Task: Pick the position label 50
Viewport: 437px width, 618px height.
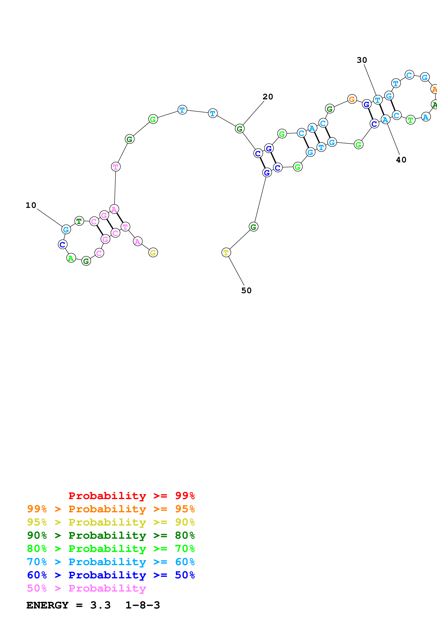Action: tap(246, 291)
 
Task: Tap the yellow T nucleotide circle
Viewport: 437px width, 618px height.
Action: tap(226, 252)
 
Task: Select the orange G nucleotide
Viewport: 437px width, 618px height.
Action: tap(352, 99)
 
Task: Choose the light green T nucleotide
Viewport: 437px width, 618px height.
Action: tap(410, 120)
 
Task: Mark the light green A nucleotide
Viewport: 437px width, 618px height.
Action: tap(71, 258)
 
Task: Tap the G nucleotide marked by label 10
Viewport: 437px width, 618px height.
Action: tap(66, 230)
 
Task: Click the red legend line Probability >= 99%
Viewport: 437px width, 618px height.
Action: tap(131, 496)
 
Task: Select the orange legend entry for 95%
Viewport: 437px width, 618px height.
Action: tap(111, 509)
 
